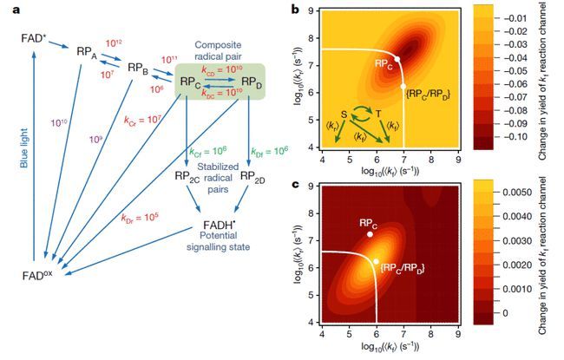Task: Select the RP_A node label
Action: (x=87, y=53)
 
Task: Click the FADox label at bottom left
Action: (x=35, y=275)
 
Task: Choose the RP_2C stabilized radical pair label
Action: (x=188, y=178)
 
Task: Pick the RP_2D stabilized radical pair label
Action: (x=251, y=178)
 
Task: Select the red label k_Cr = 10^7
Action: (x=141, y=119)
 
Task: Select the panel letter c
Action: (x=296, y=184)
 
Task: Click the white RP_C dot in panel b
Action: (x=397, y=59)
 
